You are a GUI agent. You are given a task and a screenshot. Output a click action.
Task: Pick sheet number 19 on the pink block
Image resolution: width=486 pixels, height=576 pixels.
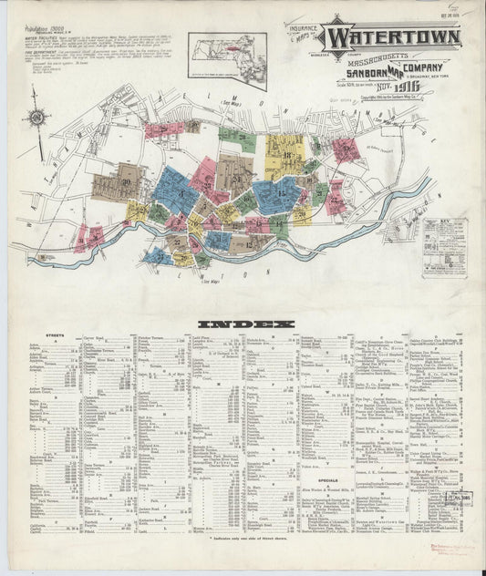[x=345, y=149]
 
